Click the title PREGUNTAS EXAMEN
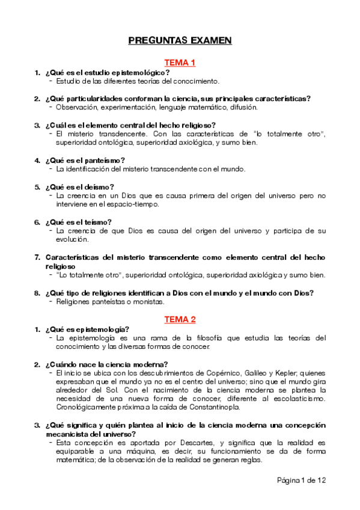(180, 40)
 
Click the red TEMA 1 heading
(180, 63)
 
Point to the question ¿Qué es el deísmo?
(80, 186)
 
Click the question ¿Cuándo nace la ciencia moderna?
(106, 364)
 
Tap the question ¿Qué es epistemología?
(87, 329)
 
